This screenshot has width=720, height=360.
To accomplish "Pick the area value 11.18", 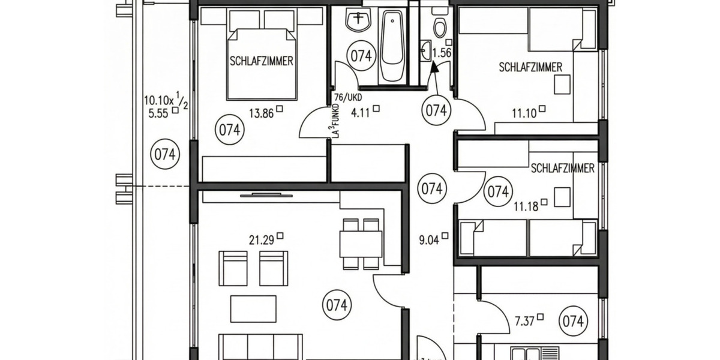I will pyautogui.click(x=526, y=208).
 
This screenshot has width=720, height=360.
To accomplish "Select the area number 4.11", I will pyautogui.click(x=361, y=110).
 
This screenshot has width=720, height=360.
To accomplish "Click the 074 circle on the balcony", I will pyautogui.click(x=164, y=154).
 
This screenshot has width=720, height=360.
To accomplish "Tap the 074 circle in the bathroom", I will pyautogui.click(x=361, y=56).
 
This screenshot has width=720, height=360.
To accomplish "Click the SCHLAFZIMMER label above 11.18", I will pyautogui.click(x=562, y=169).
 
